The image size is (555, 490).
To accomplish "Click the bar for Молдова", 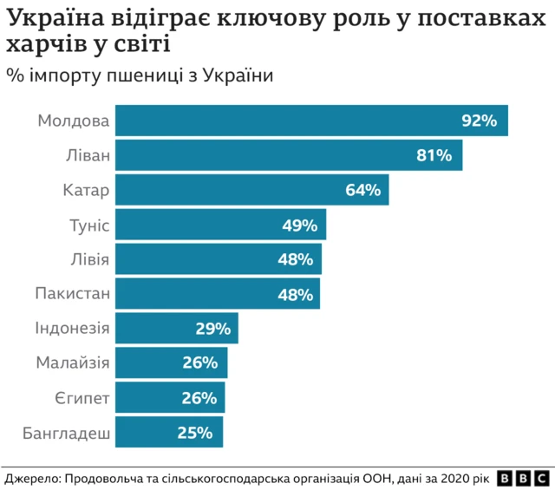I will pyautogui.click(x=286, y=121).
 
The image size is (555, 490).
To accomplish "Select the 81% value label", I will pyautogui.click(x=434, y=155).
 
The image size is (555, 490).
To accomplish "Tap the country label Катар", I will pyautogui.click(x=87, y=190).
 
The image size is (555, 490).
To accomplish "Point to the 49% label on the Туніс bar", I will pyautogui.click(x=299, y=225).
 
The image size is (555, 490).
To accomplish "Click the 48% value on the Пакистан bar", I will pyautogui.click(x=295, y=294).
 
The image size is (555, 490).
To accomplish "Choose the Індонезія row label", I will pyautogui.click(x=73, y=329).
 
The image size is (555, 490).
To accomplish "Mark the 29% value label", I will pyautogui.click(x=212, y=329).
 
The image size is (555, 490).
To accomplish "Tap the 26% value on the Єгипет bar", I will pyautogui.click(x=199, y=398).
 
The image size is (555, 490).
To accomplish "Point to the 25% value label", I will pyautogui.click(x=197, y=433).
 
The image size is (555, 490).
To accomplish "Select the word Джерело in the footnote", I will pyautogui.click(x=32, y=478).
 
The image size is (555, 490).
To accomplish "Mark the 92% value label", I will pyautogui.click(x=479, y=121).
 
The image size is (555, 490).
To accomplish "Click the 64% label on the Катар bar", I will pyautogui.click(x=362, y=190).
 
